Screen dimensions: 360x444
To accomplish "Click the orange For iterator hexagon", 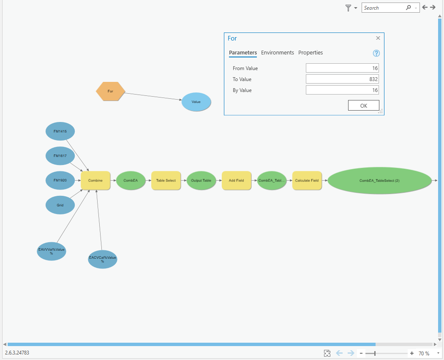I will [111, 91].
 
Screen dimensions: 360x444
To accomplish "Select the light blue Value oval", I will [196, 102].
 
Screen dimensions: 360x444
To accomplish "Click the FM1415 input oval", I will [60, 131].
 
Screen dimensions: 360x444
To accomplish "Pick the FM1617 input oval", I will [60, 156].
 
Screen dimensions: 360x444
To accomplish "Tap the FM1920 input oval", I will [60, 180].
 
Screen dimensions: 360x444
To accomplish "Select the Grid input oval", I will [60, 205].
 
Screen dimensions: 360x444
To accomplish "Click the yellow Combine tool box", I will [95, 181].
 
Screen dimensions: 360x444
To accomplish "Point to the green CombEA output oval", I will [131, 181].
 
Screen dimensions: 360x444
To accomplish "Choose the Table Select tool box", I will [166, 181].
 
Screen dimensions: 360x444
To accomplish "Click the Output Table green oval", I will [201, 181].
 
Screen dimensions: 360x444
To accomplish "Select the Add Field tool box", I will [236, 181].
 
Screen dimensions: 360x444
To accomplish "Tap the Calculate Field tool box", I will [307, 181].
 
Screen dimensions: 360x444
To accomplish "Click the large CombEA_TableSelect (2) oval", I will [379, 181].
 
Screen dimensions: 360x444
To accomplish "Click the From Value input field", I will [342, 68].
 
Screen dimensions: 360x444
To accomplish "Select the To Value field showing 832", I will [342, 79].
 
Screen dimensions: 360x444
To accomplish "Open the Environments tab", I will [278, 53].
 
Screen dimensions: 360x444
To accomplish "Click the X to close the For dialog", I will [378, 38].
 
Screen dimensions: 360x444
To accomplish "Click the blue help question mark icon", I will [376, 53].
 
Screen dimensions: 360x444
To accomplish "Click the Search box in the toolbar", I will [384, 8].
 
